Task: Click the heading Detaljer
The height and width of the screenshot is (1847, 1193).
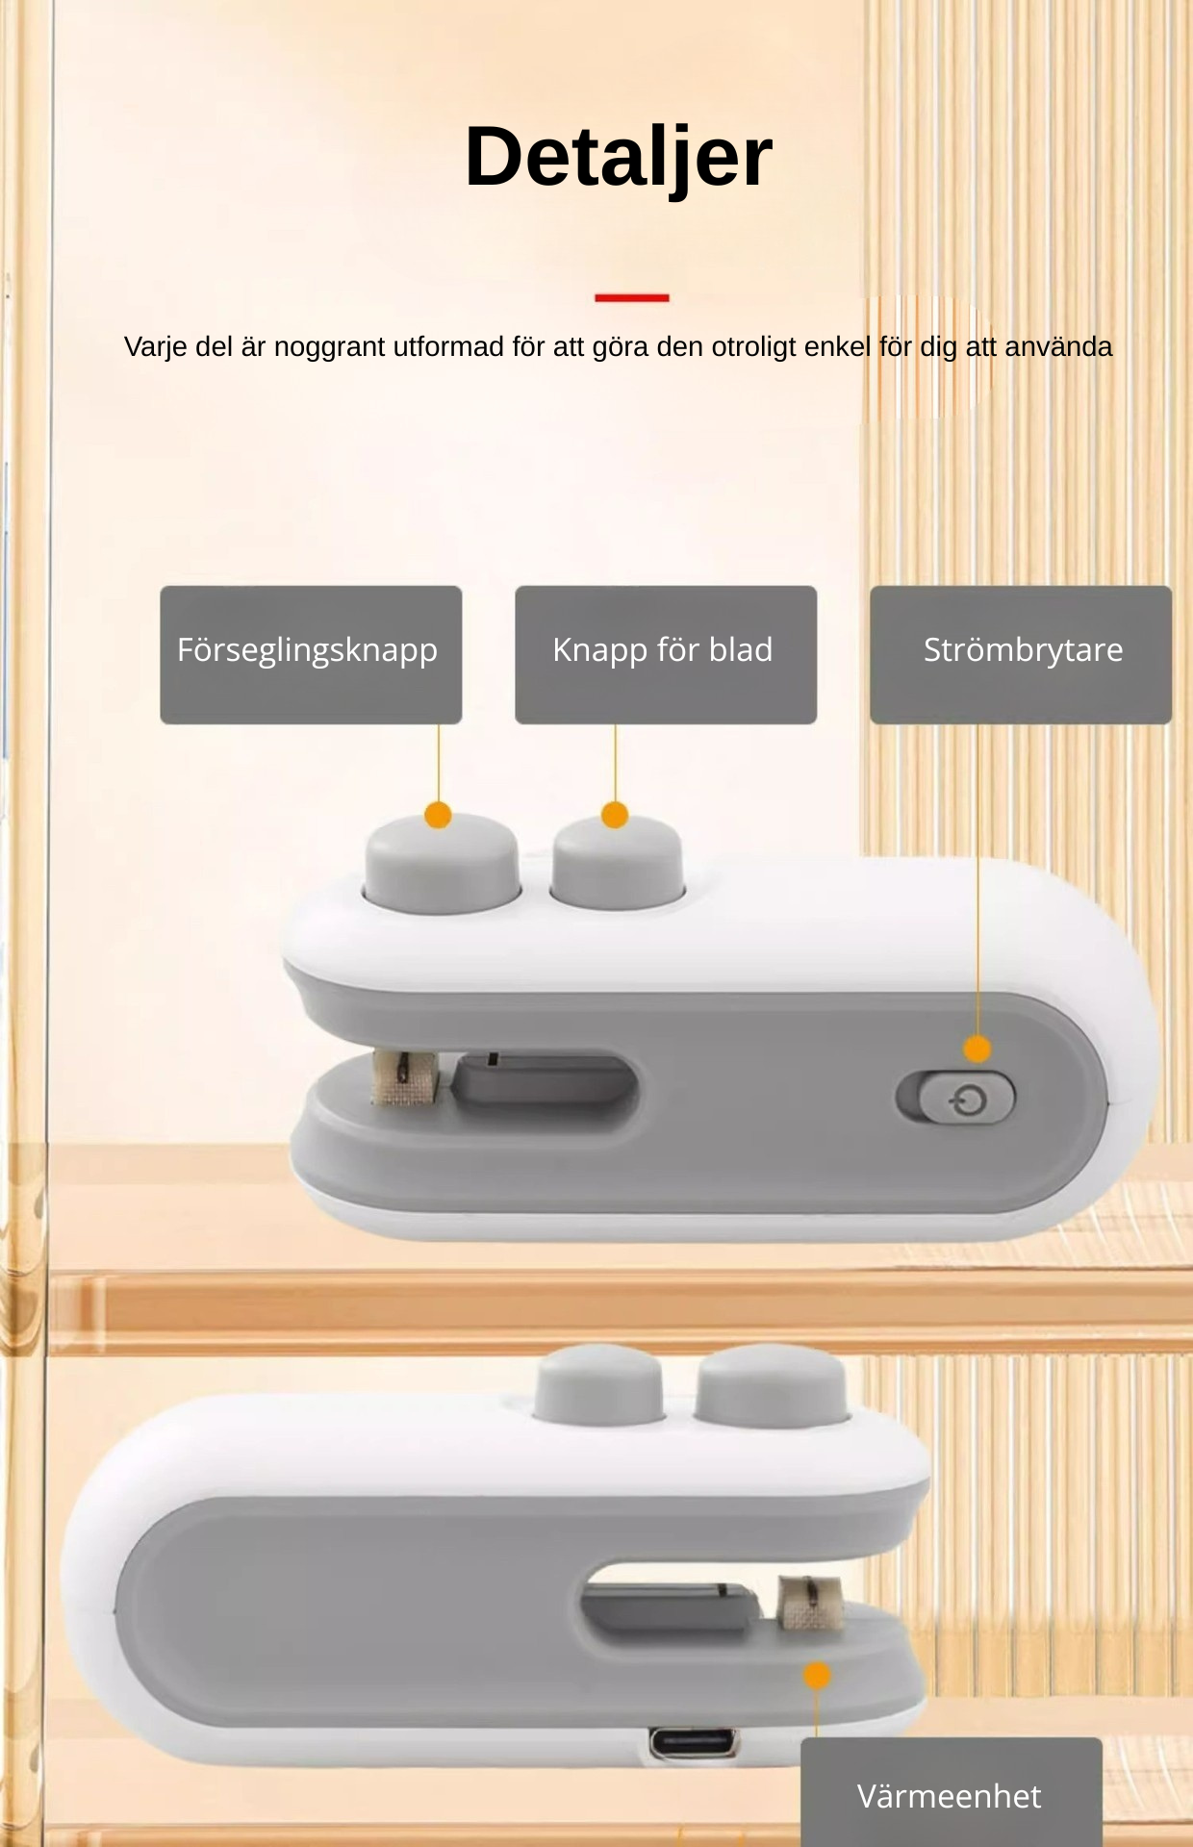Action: pos(619,158)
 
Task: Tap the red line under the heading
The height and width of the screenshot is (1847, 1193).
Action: pos(632,297)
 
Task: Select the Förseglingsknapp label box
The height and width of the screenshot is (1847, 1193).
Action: pos(311,654)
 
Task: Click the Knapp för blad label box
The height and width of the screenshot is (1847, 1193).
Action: pos(666,654)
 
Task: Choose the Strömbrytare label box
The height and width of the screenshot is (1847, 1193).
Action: pos(1021,654)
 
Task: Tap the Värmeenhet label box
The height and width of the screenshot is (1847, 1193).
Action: pos(952,1792)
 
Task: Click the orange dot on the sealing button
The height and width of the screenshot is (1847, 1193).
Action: pos(438,816)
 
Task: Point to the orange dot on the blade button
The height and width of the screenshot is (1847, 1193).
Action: pos(615,816)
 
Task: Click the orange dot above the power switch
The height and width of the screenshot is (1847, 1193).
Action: pos(977,1049)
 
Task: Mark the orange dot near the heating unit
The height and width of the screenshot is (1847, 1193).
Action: pos(817,1675)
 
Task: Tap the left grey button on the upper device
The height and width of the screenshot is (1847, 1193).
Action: pos(442,862)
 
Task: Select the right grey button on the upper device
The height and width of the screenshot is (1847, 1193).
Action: pos(617,862)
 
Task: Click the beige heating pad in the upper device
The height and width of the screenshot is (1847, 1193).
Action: pos(406,1076)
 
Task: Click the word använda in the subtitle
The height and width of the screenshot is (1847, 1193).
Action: pos(1058,347)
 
